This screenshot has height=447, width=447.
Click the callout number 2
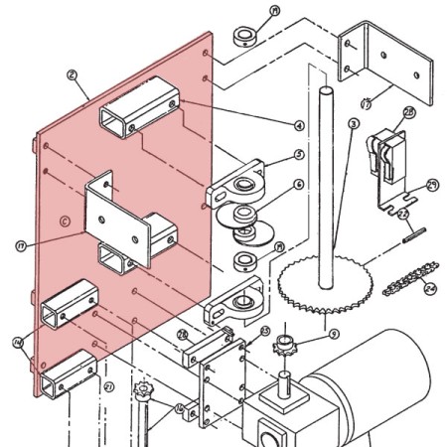[72, 74]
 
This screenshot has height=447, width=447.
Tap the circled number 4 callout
[298, 125]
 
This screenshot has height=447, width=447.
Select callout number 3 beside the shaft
[353, 123]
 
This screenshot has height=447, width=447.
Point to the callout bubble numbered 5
[298, 156]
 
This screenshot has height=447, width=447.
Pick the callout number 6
[298, 185]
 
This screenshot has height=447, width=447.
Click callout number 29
[432, 184]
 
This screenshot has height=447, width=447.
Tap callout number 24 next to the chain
[430, 290]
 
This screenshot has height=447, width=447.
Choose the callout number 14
[18, 343]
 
